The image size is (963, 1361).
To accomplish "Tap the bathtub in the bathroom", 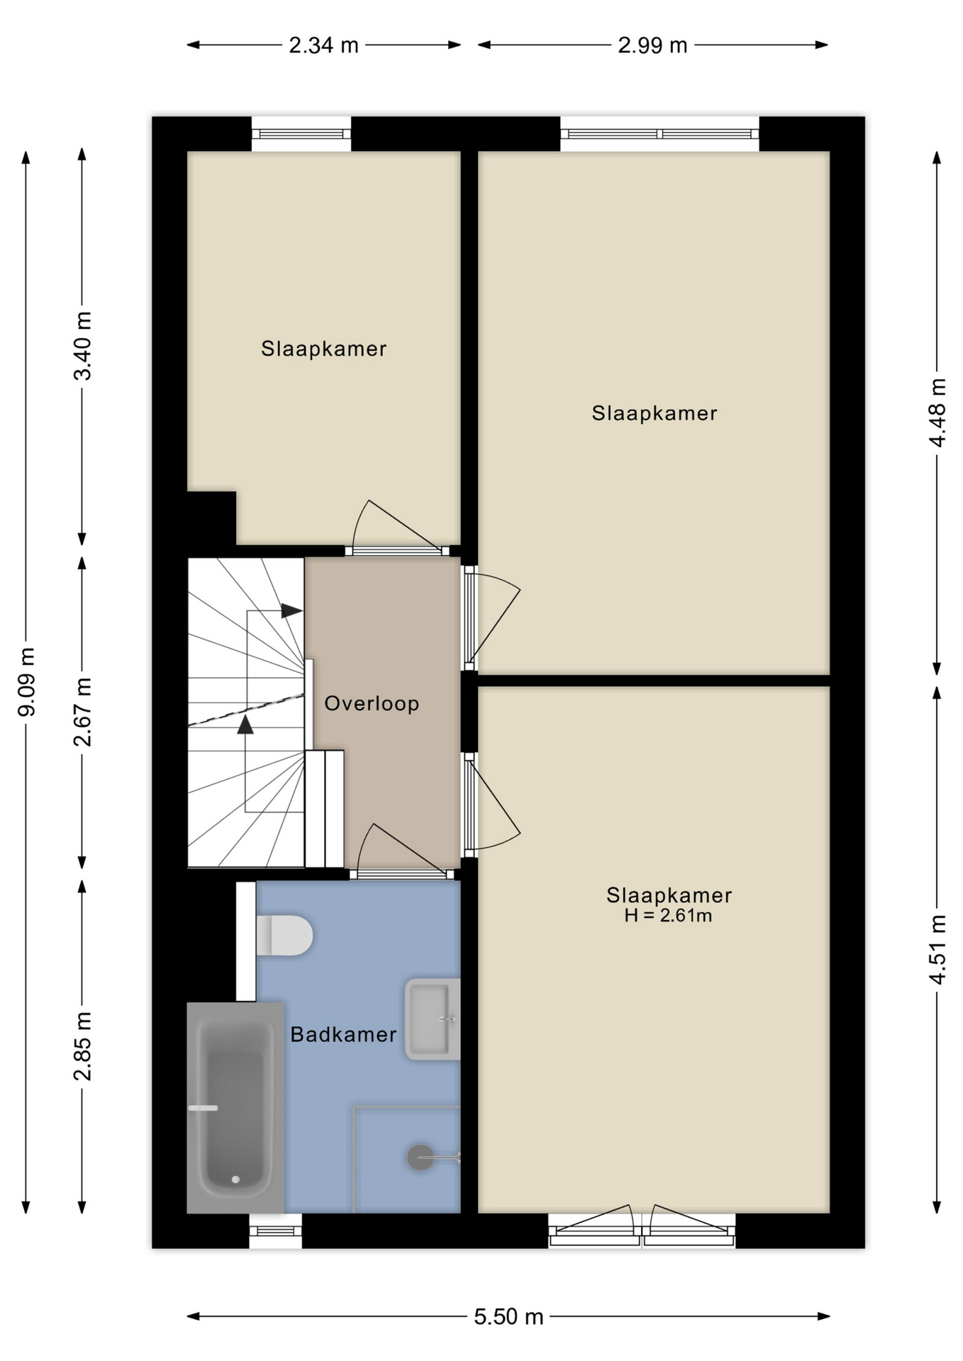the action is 235,1107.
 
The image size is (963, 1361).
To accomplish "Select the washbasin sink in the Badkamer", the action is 432,1019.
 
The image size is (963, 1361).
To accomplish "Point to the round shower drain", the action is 420,1158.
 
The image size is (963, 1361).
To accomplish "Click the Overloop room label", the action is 372,704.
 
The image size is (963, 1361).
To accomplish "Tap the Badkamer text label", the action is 343,1034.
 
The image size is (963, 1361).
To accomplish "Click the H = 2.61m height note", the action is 668,916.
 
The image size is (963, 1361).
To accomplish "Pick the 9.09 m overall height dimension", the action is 26,682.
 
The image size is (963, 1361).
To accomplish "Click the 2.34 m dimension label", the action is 323,45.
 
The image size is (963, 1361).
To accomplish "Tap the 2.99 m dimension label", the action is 652,45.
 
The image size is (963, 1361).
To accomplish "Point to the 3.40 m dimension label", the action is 83,346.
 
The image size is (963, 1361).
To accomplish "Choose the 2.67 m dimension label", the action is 83,712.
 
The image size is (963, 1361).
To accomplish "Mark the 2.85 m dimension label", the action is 83,1046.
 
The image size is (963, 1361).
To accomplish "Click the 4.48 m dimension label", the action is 937,413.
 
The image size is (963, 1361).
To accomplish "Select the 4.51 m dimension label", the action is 937,950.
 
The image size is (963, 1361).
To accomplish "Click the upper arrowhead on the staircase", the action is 291,610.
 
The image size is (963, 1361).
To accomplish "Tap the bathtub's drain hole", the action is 235,1180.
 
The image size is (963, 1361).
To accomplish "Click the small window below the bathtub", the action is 276,1231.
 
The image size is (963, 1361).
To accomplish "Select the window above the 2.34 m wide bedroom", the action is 301,133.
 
